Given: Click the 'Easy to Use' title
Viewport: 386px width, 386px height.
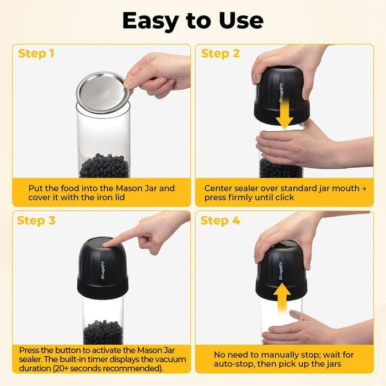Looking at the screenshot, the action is click(x=193, y=21).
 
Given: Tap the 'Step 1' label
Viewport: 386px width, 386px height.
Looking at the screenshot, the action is click(x=36, y=53).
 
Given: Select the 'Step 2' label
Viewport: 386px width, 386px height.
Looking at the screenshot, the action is click(x=221, y=53).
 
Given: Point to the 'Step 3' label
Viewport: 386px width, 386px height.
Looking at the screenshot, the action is click(x=36, y=221).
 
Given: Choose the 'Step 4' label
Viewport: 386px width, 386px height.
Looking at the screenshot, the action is click(x=220, y=221).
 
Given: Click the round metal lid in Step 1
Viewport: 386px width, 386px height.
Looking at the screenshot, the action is click(x=103, y=93).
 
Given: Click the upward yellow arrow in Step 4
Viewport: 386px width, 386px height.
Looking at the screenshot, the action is click(x=282, y=298).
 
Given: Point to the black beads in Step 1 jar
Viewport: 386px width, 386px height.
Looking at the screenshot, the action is click(x=104, y=166).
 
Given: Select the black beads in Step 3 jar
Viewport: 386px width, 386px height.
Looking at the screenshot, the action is click(x=103, y=333).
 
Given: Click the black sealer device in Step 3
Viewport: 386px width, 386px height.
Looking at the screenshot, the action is click(x=103, y=269).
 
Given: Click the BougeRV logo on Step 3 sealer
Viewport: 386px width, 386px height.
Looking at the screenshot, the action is click(x=103, y=270).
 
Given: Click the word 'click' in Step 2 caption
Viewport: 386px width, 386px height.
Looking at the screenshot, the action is click(x=285, y=197).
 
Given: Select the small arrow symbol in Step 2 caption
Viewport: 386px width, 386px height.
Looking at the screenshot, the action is click(x=364, y=189).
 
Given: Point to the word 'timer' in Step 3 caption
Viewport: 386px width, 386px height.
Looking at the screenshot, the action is click(x=98, y=360).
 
